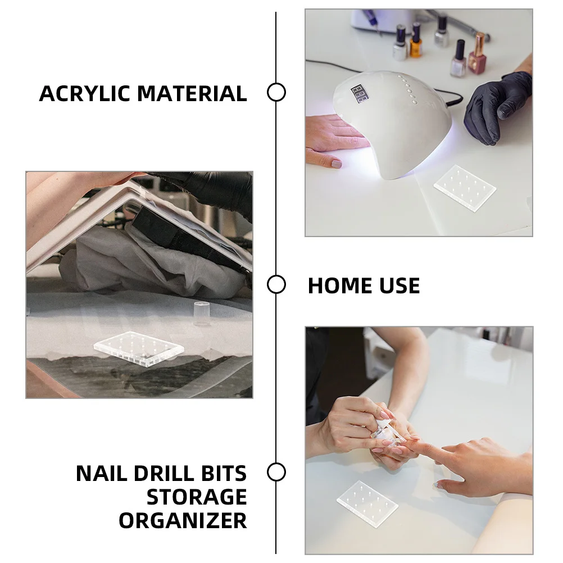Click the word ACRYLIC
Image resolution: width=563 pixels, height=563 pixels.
[x=84, y=93]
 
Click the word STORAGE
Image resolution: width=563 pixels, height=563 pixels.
[x=197, y=497]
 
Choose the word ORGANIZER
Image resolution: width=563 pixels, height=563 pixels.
[x=183, y=521]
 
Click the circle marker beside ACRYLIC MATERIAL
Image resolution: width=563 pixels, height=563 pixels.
[x=276, y=92]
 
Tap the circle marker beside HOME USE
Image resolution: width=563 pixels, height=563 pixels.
[x=276, y=284]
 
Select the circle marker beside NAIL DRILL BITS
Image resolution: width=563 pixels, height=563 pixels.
[x=276, y=472]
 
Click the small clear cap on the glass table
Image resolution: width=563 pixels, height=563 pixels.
[x=201, y=312]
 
